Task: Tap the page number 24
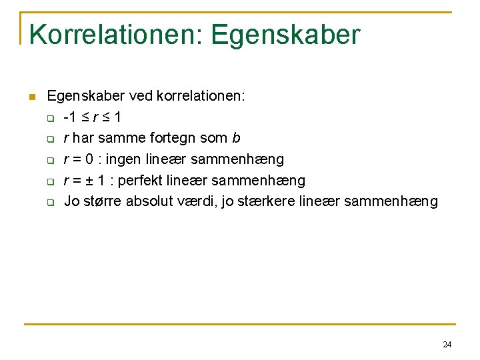tap(447, 345)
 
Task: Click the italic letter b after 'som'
tap(236, 138)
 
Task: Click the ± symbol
tap(94, 180)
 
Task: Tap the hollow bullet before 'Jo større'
tap(50, 202)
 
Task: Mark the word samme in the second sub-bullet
tap(122, 138)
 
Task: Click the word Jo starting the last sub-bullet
tap(71, 201)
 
